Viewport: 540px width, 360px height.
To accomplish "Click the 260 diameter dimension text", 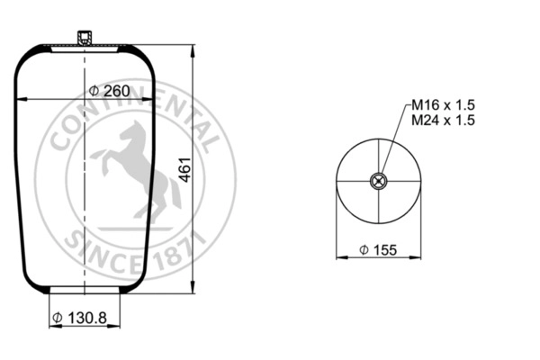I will point(116,91).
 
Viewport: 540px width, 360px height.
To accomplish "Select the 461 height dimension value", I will point(184,168).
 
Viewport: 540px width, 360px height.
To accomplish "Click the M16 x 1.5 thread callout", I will point(443,106).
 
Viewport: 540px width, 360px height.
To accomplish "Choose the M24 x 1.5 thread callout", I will point(443,121).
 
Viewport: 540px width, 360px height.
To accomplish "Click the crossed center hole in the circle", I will point(379,181).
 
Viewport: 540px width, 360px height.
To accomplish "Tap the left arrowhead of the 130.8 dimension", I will point(51,326).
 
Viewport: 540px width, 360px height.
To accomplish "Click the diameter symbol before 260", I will point(94,91).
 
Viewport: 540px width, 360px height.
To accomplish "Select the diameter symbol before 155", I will point(362,250).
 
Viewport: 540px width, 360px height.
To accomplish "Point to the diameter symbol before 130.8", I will point(58,317).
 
